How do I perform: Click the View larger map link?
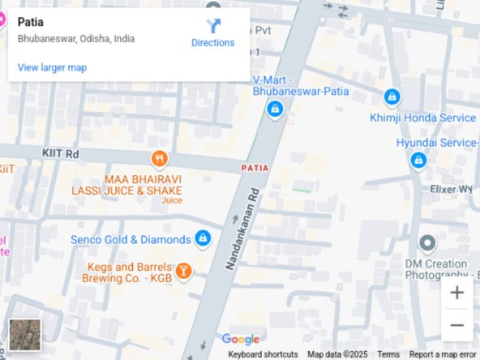(52, 67)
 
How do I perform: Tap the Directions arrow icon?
(213, 26)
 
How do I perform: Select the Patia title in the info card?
(31, 22)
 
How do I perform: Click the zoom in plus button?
(456, 293)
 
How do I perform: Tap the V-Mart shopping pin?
(275, 108)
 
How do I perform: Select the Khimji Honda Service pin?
(392, 97)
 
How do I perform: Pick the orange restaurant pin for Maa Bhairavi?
(159, 159)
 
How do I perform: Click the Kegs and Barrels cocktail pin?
(183, 271)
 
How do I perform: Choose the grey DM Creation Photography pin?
(426, 242)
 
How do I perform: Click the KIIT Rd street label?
(60, 152)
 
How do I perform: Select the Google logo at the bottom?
(241, 340)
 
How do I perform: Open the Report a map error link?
(443, 354)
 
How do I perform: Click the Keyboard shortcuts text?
(263, 354)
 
